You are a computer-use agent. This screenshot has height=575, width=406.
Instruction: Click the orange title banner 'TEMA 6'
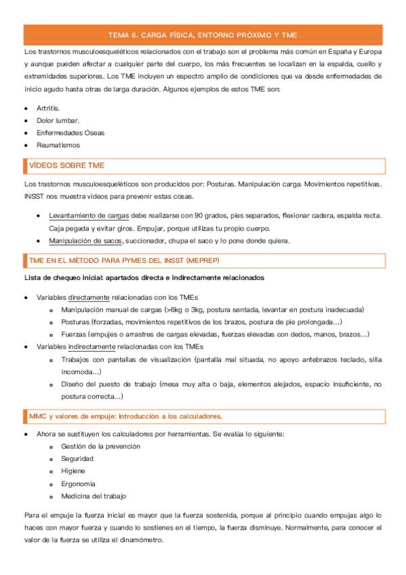(x=203, y=35)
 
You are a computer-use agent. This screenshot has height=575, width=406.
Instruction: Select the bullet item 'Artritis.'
(x=48, y=108)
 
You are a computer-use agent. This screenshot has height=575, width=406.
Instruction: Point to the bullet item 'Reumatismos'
(x=58, y=145)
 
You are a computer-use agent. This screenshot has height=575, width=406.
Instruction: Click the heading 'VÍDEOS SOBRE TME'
(x=66, y=165)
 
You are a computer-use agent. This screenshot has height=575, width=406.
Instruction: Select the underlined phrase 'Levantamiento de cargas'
(x=89, y=216)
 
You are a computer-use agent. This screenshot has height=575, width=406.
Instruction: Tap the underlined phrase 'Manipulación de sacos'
(x=85, y=241)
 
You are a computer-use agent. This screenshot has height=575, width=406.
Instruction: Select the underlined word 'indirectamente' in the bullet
(x=93, y=346)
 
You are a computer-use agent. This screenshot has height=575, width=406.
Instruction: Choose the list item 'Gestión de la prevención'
(x=100, y=446)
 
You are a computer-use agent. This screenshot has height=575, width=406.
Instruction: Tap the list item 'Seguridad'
(x=77, y=458)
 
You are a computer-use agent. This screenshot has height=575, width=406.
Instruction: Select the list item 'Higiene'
(x=73, y=471)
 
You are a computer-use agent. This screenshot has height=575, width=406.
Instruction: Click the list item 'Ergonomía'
(x=78, y=483)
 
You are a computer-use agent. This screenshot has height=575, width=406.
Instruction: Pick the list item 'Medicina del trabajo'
(x=93, y=496)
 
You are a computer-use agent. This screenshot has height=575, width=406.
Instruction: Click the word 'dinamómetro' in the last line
(x=138, y=540)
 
